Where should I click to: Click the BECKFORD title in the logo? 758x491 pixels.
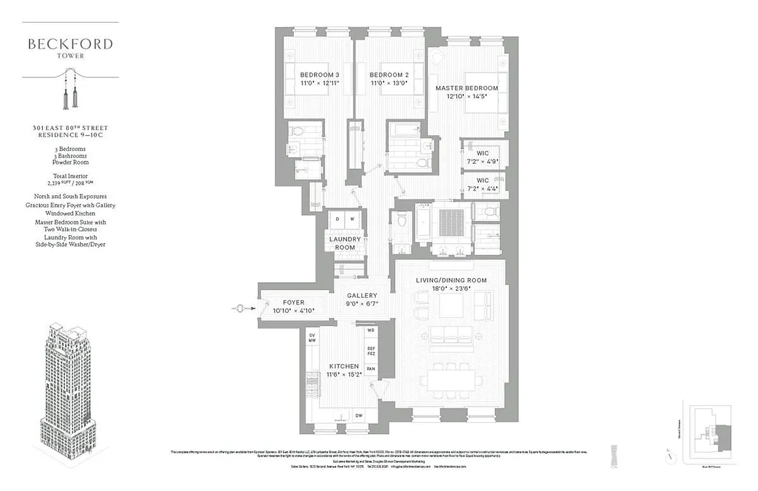(70, 44)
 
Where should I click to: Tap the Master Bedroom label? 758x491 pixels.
(467, 88)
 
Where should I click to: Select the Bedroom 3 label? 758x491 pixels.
(320, 75)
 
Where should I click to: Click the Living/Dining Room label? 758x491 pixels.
(451, 280)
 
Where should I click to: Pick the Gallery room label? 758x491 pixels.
(362, 295)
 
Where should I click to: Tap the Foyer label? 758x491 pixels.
(293, 303)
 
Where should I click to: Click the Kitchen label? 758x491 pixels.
(343, 366)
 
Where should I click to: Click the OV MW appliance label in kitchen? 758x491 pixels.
(312, 337)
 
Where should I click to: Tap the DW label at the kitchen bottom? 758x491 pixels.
(359, 416)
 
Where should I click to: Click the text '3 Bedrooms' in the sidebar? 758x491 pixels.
(69, 149)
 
